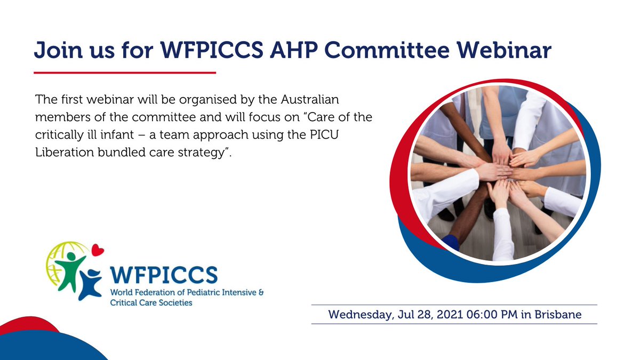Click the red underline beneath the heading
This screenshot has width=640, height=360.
pos(125,72)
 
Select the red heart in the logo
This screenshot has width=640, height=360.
pos(98,249)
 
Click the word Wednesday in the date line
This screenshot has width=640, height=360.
pos(359,314)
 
